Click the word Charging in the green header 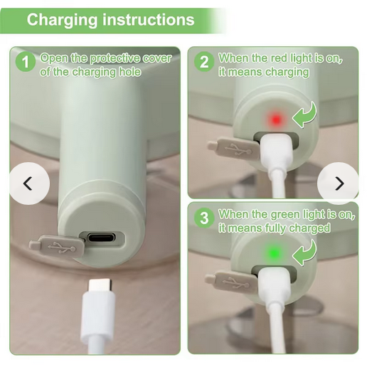pos(62,20)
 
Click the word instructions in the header pos(149,19)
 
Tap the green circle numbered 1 pos(26,62)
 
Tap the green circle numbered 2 pos(204,62)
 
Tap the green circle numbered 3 pos(204,218)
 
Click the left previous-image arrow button pos(29,183)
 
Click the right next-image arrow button pos(338,183)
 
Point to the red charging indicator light pos(276,119)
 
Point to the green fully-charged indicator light pos(275,253)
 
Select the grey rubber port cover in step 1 pos(57,247)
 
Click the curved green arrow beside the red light pos(306,116)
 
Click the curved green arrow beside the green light pos(305,253)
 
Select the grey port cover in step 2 pos(233,148)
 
